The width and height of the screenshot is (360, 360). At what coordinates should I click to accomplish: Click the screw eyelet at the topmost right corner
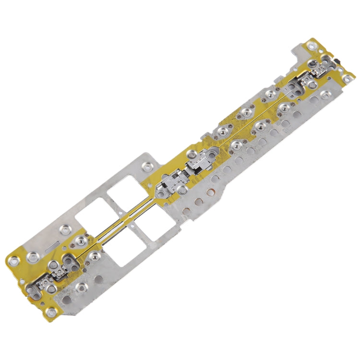pos(312,47)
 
